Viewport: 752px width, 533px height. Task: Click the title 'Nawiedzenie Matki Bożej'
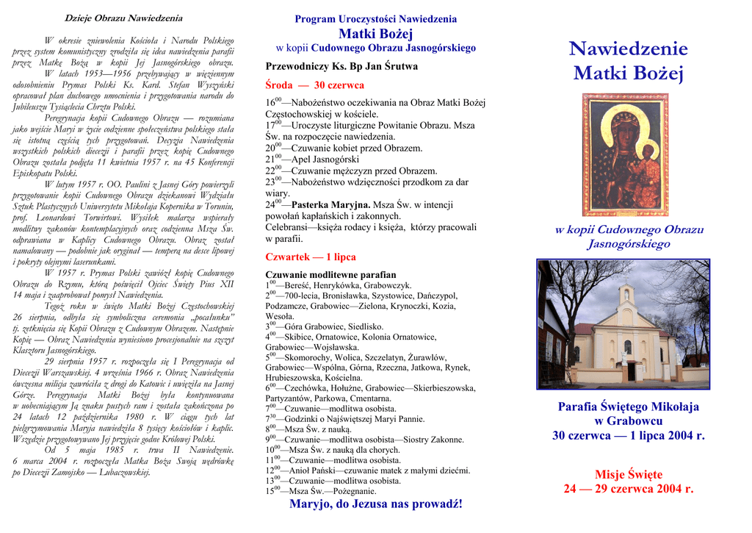[628, 61]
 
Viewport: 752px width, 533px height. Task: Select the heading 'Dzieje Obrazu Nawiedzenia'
[123, 18]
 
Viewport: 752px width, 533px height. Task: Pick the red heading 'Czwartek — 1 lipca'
[311, 257]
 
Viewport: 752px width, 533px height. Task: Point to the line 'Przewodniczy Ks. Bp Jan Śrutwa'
[341, 66]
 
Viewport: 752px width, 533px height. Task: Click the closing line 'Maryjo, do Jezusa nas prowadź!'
[375, 504]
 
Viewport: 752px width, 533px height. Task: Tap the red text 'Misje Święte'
[628, 474]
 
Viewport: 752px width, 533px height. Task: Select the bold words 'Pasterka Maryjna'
[330, 204]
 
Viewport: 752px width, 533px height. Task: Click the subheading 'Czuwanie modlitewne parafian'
[330, 274]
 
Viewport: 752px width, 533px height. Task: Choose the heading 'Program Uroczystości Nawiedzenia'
[375, 19]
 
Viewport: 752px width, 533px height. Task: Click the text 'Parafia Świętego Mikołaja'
[628, 407]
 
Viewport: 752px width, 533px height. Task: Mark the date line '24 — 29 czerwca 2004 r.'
[628, 488]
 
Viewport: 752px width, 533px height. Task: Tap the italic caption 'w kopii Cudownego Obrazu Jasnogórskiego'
[628, 237]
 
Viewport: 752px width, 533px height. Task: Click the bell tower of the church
[626, 296]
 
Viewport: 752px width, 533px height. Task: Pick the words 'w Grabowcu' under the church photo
[628, 421]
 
